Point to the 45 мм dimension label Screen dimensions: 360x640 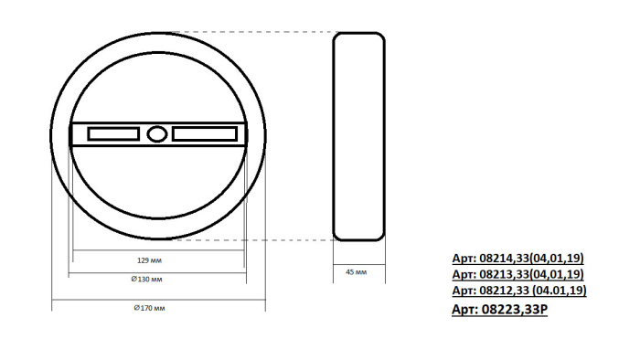click(357, 272)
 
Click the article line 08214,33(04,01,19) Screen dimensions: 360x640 click(518, 259)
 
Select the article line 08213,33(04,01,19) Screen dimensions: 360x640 click(518, 274)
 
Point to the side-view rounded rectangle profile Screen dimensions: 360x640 click(357, 137)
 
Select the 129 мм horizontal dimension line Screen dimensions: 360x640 click(157, 251)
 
